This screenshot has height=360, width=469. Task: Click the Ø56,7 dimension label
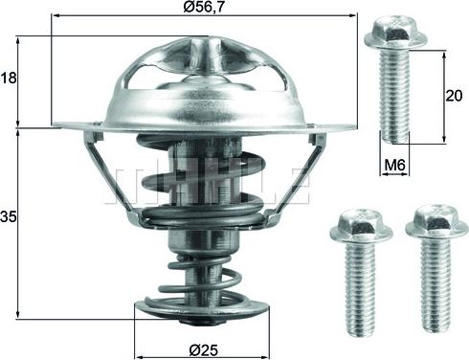pyautogui.click(x=202, y=6)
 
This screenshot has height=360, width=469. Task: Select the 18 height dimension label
pyautogui.click(x=9, y=78)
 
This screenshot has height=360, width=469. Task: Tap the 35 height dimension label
pyautogui.click(x=8, y=217)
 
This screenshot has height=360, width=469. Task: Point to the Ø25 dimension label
pyautogui.click(x=203, y=351)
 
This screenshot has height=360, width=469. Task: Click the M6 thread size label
pyautogui.click(x=394, y=165)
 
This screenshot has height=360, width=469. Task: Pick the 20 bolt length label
pyautogui.click(x=454, y=96)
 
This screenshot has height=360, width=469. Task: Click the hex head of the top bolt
pyautogui.click(x=395, y=34)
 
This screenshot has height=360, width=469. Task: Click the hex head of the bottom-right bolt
pyautogui.click(x=436, y=223)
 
